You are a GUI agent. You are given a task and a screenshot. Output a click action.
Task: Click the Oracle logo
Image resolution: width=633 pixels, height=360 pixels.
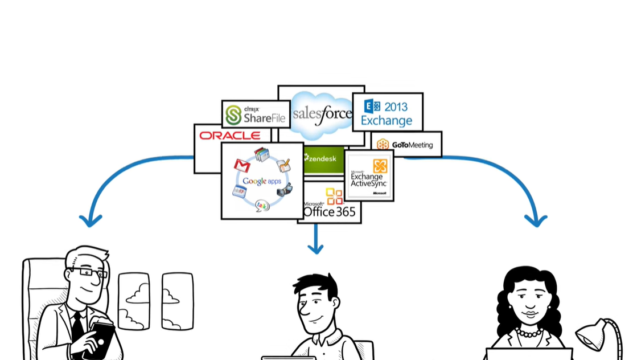[x=230, y=136]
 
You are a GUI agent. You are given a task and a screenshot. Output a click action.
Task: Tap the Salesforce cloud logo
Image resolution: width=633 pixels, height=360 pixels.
[x=322, y=114]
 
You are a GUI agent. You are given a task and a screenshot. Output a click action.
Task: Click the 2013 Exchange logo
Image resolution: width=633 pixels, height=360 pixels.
[x=387, y=113]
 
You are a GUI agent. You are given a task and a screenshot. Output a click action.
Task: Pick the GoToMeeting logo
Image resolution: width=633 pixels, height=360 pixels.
[x=405, y=145]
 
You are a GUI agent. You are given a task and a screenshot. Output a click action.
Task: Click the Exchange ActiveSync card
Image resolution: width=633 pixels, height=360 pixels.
[x=369, y=175]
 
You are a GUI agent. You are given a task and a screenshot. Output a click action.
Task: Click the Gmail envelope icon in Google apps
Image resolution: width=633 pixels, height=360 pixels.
[x=242, y=166]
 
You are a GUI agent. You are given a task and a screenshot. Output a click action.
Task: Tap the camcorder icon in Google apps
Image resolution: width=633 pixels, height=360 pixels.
[x=285, y=190]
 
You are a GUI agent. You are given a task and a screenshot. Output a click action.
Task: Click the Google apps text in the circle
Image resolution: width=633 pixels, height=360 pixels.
[x=262, y=181]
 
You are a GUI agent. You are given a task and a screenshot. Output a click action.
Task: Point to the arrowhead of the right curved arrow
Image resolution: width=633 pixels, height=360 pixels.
[x=536, y=219]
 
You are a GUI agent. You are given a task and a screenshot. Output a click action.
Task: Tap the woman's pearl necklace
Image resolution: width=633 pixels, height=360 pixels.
[x=529, y=332]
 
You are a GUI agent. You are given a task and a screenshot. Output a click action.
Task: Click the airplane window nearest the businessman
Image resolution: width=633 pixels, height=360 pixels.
[x=134, y=301]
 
